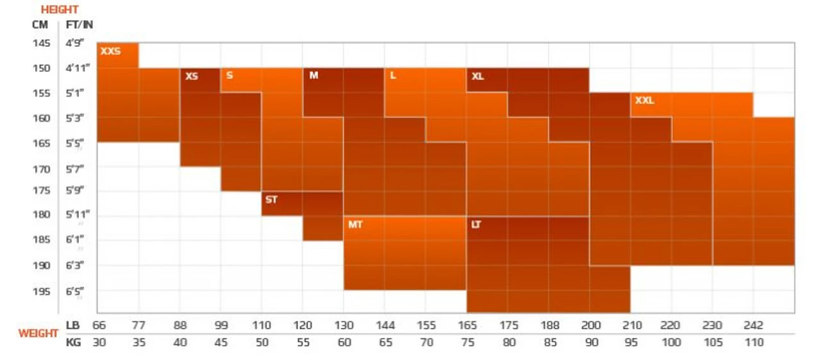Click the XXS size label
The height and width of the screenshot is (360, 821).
point(110,51)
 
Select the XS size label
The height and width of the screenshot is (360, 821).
point(191,76)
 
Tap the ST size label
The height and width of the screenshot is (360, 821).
point(271,200)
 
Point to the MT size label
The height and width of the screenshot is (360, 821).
point(355,225)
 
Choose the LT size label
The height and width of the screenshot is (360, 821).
point(476,225)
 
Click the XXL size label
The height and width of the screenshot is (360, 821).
point(645,101)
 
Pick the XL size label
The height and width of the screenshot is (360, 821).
point(477,76)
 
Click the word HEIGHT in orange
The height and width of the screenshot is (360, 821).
point(60,10)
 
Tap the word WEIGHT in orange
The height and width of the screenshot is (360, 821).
point(38,334)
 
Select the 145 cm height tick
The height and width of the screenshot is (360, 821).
point(41,44)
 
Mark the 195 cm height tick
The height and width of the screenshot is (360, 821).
point(41,291)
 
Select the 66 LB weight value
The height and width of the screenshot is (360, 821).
point(99,325)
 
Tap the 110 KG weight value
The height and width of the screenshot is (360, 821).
point(754,342)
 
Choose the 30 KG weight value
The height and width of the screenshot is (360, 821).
point(99,342)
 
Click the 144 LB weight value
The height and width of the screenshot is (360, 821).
point(385,325)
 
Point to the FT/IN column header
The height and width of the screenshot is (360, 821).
point(79,25)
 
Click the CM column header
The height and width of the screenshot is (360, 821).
point(40,25)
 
